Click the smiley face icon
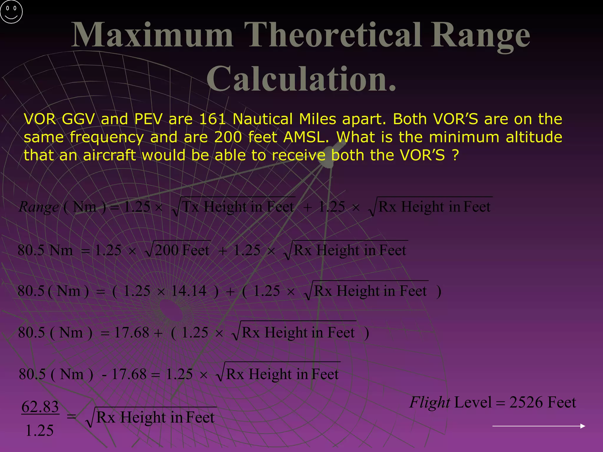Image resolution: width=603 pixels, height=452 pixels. tap(11, 11)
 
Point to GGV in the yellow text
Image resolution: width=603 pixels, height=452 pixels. tap(78, 119)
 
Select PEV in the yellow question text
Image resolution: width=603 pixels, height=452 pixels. tap(148, 119)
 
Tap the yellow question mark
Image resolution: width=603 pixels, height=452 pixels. tap(455, 155)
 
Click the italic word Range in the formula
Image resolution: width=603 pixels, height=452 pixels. tap(39, 207)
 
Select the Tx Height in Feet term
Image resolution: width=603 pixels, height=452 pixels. tap(238, 207)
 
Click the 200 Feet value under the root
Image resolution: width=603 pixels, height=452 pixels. tap(182, 250)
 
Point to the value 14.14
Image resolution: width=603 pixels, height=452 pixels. tap(188, 291)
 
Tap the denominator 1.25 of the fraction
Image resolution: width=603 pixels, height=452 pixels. tap(39, 430)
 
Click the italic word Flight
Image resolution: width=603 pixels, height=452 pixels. tap(430, 403)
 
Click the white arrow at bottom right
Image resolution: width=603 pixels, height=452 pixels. tap(539, 426)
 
